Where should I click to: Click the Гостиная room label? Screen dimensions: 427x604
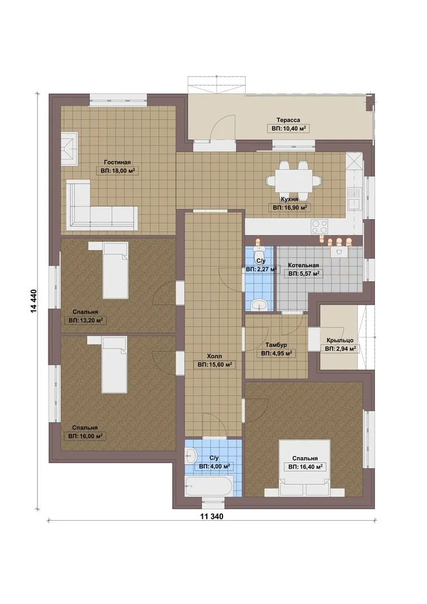click(x=117, y=163)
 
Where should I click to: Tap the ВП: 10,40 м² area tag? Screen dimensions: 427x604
click(x=288, y=129)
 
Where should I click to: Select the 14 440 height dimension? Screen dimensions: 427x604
click(x=34, y=300)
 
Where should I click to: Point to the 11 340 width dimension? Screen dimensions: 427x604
click(x=211, y=516)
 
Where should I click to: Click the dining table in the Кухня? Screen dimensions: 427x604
click(x=293, y=181)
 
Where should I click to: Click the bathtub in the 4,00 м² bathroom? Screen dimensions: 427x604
click(x=208, y=487)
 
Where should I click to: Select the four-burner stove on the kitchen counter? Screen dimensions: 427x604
click(x=319, y=226)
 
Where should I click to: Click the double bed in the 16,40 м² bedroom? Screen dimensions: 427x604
click(x=305, y=468)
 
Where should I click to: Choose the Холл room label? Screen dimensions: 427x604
click(x=214, y=356)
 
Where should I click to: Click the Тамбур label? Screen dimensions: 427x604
click(x=276, y=345)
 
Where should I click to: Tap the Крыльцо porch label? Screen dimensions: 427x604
click(x=340, y=340)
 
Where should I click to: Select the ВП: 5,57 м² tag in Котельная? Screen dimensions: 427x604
click(x=303, y=273)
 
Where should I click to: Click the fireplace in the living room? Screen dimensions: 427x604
click(x=69, y=149)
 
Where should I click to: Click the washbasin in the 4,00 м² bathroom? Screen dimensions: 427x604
click(x=189, y=456)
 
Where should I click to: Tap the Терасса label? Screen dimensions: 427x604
click(x=288, y=120)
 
